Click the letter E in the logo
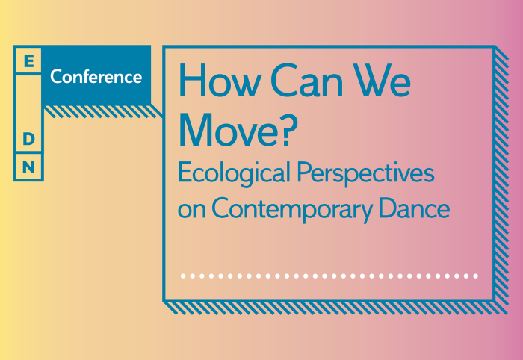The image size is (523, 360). [x=29, y=61]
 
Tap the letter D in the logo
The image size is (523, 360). [x=28, y=139]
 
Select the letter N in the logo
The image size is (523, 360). [x=28, y=167]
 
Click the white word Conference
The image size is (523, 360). [x=96, y=77]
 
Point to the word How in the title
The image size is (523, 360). [x=219, y=80]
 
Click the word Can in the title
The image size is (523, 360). [x=306, y=80]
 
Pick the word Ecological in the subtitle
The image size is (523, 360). [x=234, y=174]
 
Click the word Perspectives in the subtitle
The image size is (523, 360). [x=365, y=174]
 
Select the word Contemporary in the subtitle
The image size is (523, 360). [x=292, y=210]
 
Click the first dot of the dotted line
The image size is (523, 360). [x=183, y=276]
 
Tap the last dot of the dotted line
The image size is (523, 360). [x=476, y=276]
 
